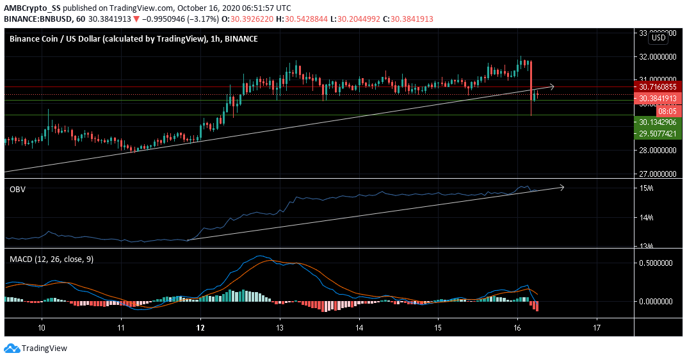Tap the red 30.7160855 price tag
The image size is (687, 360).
(655, 86)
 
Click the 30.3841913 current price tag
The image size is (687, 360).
(655, 99)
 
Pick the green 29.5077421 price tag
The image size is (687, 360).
(655, 134)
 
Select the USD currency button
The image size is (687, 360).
(658, 38)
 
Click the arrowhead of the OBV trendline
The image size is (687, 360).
(562, 187)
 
